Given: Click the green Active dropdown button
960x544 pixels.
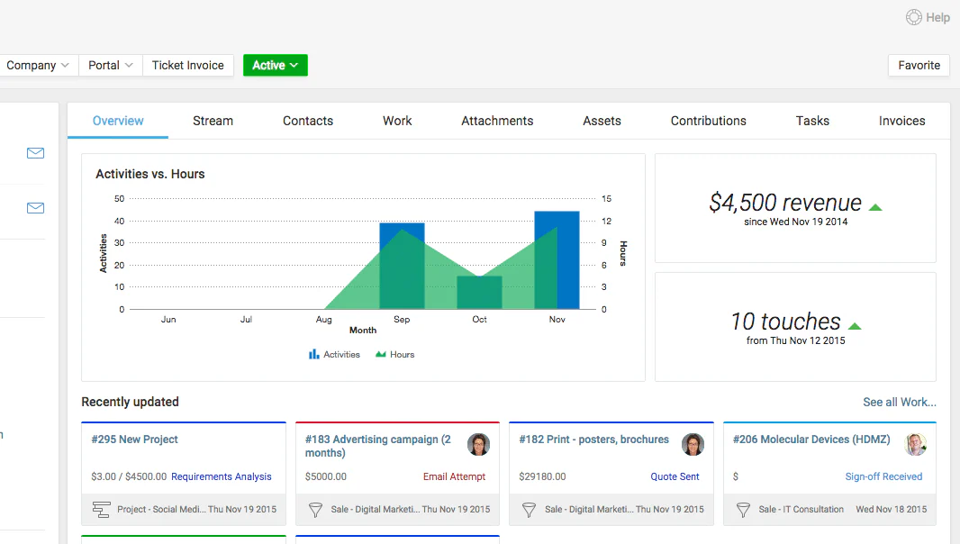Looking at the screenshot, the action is pos(275,65).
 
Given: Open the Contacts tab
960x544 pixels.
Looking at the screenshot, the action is pos(308,121).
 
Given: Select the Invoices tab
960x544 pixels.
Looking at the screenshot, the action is pos(901,121).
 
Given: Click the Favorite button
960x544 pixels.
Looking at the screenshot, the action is pos(919,65).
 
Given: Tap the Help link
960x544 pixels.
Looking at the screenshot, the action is pos(928,17).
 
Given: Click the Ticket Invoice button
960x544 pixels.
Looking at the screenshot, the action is pos(188,65).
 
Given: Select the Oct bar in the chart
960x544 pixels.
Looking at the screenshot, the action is pos(479,292).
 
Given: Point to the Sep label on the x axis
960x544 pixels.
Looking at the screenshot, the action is pos(402,319).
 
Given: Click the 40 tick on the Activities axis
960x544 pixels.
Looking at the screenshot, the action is pos(120,221).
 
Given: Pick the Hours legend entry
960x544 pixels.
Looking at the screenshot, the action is pos(395,354).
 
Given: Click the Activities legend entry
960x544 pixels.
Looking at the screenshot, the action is pos(334,354).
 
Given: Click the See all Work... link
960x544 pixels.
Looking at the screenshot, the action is pos(900,402).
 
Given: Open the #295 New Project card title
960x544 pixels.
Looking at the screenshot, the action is pos(135,440).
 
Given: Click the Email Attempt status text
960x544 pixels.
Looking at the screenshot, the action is pos(454,476).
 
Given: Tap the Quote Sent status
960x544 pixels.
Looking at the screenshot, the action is pos(675,476).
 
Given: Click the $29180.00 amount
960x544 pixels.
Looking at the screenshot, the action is pos(542,476).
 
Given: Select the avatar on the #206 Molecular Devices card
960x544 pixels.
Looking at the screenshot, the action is pos(916,444).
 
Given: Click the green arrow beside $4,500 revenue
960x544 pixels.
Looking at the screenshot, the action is pos(875,207).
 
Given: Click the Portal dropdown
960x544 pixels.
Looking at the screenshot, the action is pos(110,65).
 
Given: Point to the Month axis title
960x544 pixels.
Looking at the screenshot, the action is pos(363,331).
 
